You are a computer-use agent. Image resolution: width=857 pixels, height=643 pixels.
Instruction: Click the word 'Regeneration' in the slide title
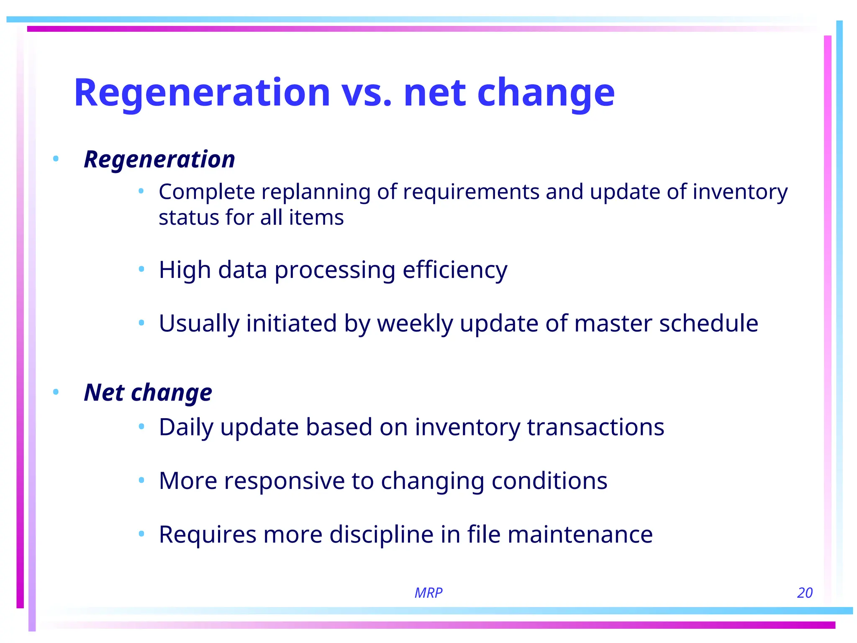[x=202, y=93]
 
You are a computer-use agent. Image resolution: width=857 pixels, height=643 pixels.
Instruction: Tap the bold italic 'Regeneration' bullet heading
[x=159, y=159]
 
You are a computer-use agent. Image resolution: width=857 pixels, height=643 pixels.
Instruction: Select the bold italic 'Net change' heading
[x=148, y=393]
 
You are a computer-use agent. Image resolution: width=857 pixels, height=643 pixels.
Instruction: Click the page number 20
[x=804, y=593]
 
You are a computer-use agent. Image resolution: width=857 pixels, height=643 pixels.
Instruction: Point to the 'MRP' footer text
[x=428, y=593]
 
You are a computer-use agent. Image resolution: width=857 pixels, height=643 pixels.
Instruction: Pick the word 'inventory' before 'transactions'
[x=467, y=427]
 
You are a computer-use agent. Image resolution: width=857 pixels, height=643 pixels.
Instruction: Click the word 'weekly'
[x=415, y=324]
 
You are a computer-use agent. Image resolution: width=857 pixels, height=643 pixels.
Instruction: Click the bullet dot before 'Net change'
[x=56, y=392]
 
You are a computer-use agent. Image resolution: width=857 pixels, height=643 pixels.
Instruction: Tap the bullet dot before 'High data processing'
[x=141, y=269]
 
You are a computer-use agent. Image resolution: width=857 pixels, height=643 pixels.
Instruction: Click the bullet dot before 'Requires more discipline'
[x=141, y=534]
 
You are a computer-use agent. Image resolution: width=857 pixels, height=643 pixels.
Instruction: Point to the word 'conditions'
[x=549, y=481]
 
